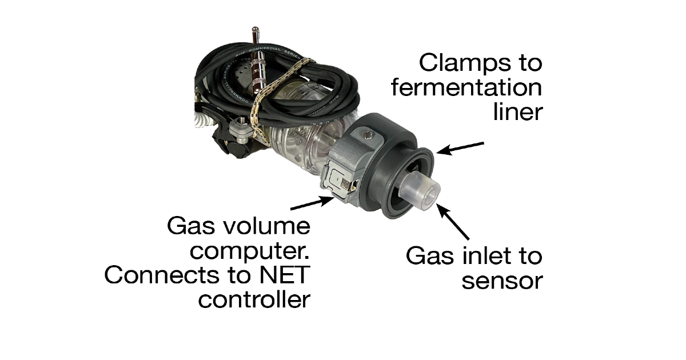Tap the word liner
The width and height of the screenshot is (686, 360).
pos(517,112)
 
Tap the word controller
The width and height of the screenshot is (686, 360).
pos(254,300)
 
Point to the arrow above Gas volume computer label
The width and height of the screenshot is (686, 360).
pos(311,203)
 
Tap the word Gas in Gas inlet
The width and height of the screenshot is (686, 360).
pos(425,255)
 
